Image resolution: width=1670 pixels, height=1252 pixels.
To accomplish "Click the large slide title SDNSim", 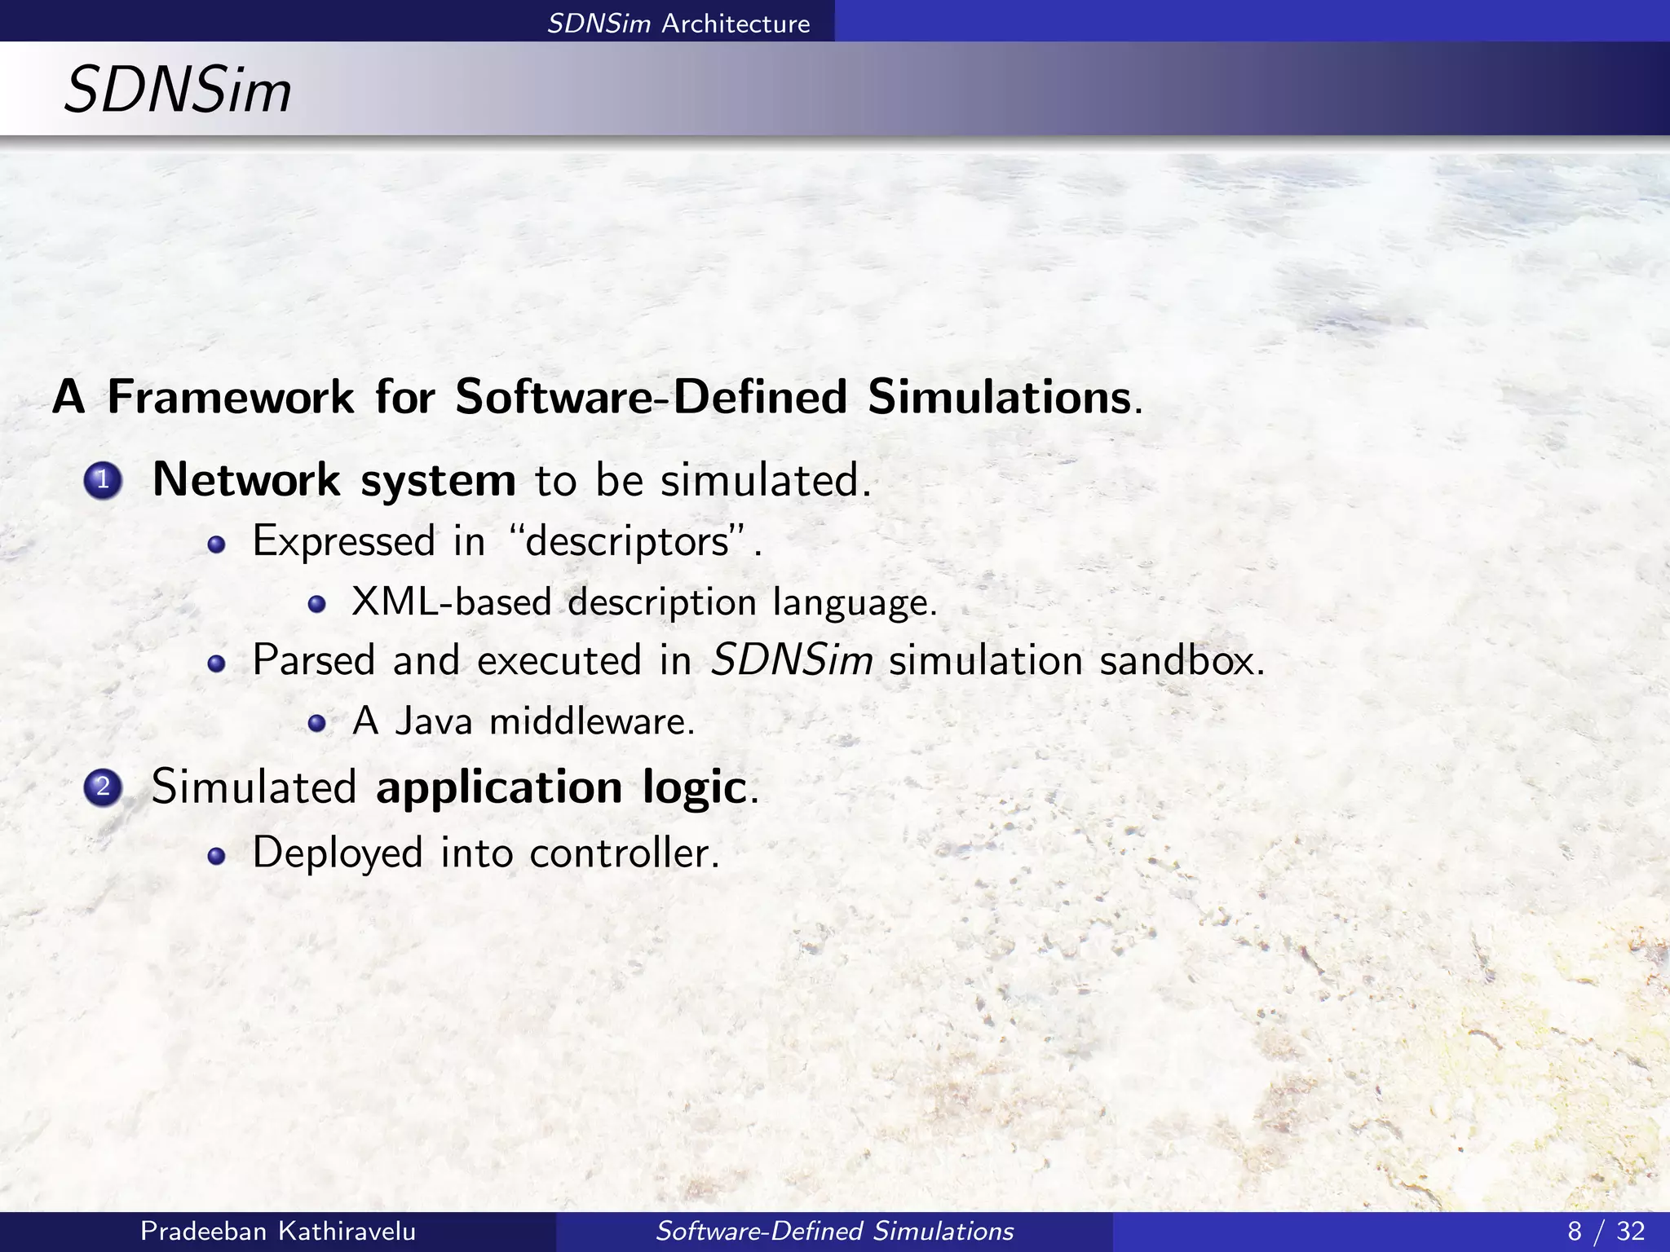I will pyautogui.click(x=178, y=90).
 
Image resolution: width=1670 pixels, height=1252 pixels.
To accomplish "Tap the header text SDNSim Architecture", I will pyautogui.click(x=678, y=24).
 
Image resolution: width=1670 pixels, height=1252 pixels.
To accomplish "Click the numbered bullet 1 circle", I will pyautogui.click(x=103, y=481).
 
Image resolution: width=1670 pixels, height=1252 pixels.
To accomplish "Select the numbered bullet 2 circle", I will pyautogui.click(x=103, y=788).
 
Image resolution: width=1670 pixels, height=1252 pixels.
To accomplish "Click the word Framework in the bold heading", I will pyautogui.click(x=231, y=397).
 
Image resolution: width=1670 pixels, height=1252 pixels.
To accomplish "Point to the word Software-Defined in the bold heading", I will pyautogui.click(x=651, y=397).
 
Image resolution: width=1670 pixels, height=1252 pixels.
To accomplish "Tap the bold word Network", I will pyautogui.click(x=245, y=479).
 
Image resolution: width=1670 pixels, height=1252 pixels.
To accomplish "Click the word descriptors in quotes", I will pyautogui.click(x=627, y=541).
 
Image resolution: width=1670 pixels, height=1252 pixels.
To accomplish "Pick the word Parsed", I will pyautogui.click(x=314, y=659).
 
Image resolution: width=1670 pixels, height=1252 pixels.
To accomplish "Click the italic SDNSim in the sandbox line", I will pyautogui.click(x=792, y=659).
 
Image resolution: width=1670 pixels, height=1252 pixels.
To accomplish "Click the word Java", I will pyautogui.click(x=433, y=721).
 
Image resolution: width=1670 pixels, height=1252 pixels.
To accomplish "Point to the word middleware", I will pyautogui.click(x=590, y=721).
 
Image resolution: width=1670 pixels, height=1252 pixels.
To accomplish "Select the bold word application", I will pyautogui.click(x=499, y=787).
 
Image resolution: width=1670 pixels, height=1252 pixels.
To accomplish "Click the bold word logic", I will pyautogui.click(x=694, y=787).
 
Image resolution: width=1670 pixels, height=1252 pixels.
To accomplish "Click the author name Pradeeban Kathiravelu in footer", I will pyautogui.click(x=278, y=1231).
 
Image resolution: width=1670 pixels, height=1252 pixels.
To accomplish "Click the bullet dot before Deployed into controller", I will pyautogui.click(x=216, y=855).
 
